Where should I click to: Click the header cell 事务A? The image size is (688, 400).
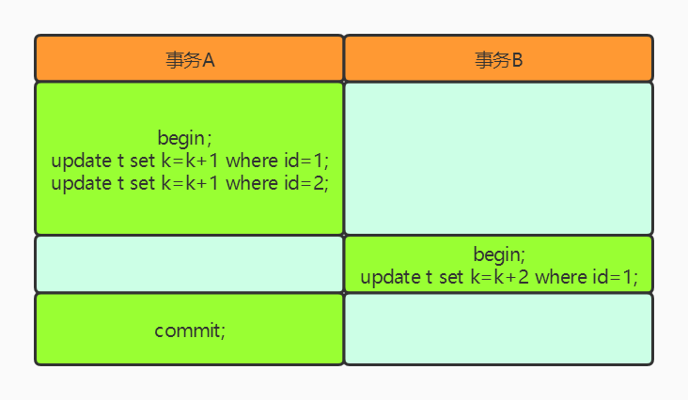click(x=189, y=59)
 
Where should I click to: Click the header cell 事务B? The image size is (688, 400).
click(x=499, y=59)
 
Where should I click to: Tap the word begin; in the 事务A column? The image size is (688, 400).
click(x=185, y=138)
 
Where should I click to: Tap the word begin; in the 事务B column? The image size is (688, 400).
click(x=499, y=254)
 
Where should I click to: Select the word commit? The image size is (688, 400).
click(x=190, y=331)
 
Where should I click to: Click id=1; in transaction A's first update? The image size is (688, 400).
click(x=306, y=161)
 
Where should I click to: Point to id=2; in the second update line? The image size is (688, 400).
click(x=306, y=183)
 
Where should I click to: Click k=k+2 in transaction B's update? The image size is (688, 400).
click(x=500, y=277)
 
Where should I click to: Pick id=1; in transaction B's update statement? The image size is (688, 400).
click(x=616, y=277)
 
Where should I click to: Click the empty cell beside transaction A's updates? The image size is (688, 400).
click(x=499, y=159)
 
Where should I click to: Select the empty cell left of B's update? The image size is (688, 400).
click(x=189, y=264)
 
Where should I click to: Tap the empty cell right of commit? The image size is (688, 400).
click(x=499, y=329)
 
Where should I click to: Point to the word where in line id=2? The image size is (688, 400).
click(x=252, y=183)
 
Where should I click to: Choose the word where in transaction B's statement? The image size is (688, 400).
click(x=561, y=277)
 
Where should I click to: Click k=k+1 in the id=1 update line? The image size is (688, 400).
click(x=190, y=161)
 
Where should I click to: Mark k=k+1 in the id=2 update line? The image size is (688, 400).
click(x=190, y=183)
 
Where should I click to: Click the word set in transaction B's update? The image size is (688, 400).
click(x=451, y=277)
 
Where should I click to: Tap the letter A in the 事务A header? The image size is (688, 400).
click(x=209, y=60)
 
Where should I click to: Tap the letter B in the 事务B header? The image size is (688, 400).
click(x=517, y=60)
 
